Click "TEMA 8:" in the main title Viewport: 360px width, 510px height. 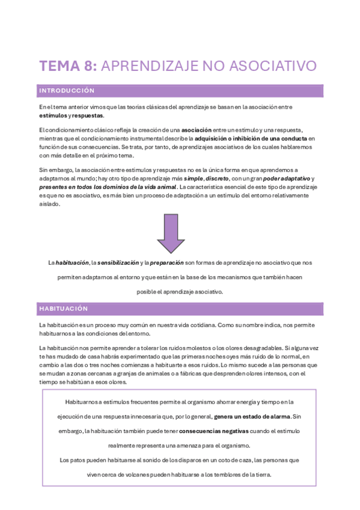68,66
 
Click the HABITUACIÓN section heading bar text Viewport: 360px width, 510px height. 63,309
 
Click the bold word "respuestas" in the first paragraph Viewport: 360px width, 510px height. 88,115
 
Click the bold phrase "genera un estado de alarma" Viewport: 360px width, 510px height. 252,416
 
